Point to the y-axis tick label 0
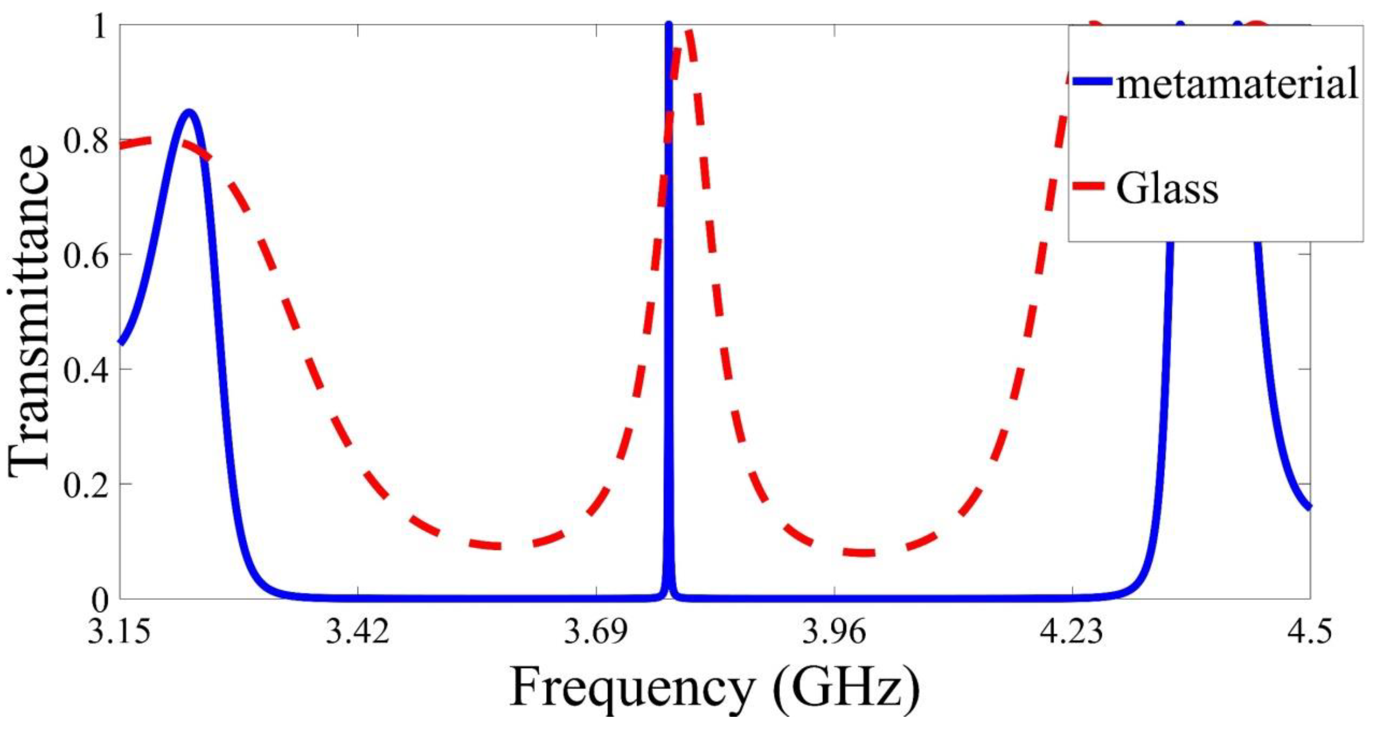(100, 600)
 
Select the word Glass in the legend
(1167, 188)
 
